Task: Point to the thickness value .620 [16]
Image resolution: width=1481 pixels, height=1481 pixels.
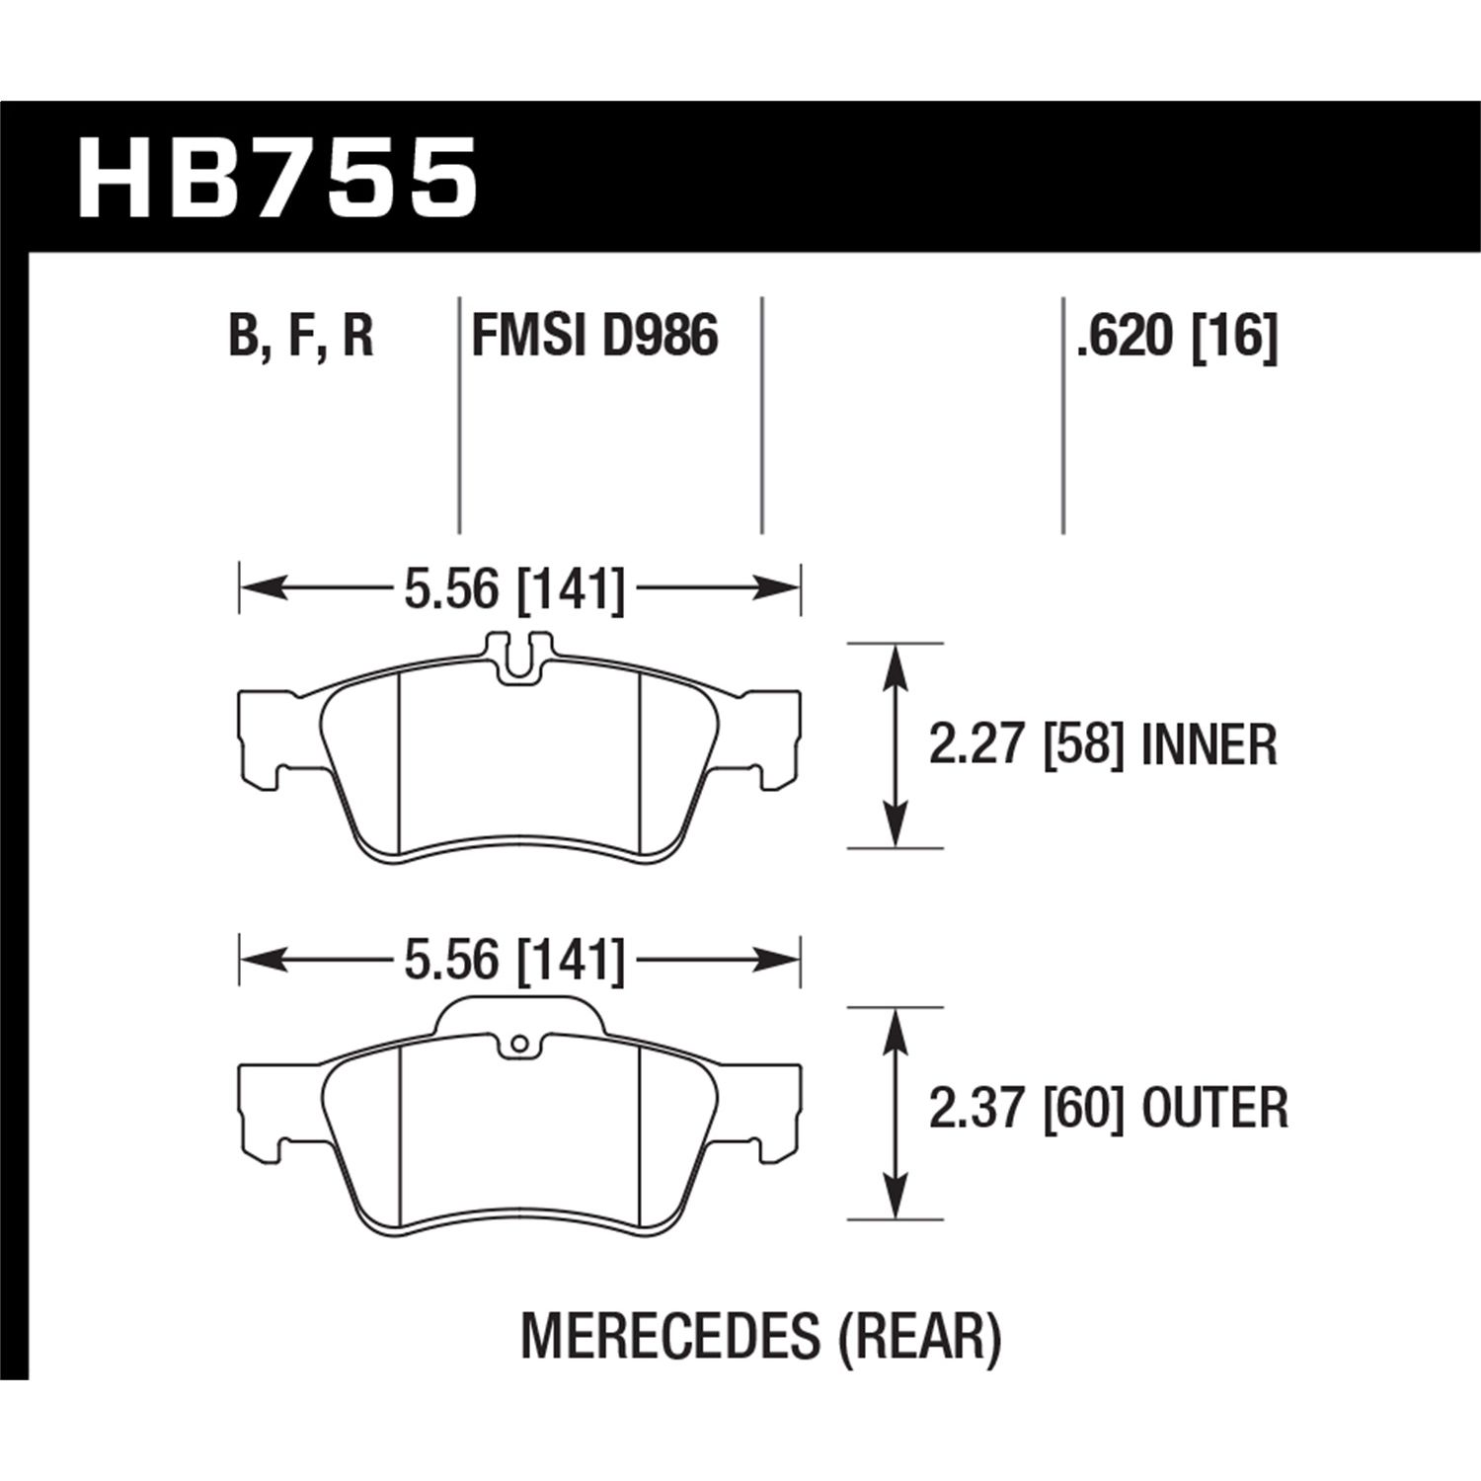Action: [x=1177, y=337]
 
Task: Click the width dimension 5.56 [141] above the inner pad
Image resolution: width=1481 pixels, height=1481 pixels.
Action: [x=514, y=590]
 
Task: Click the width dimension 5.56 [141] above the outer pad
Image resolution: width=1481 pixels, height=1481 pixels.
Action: [x=514, y=961]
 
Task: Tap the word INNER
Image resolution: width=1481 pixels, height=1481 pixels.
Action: [x=1208, y=745]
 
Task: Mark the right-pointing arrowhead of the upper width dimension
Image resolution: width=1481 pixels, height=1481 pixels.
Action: [x=780, y=590]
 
